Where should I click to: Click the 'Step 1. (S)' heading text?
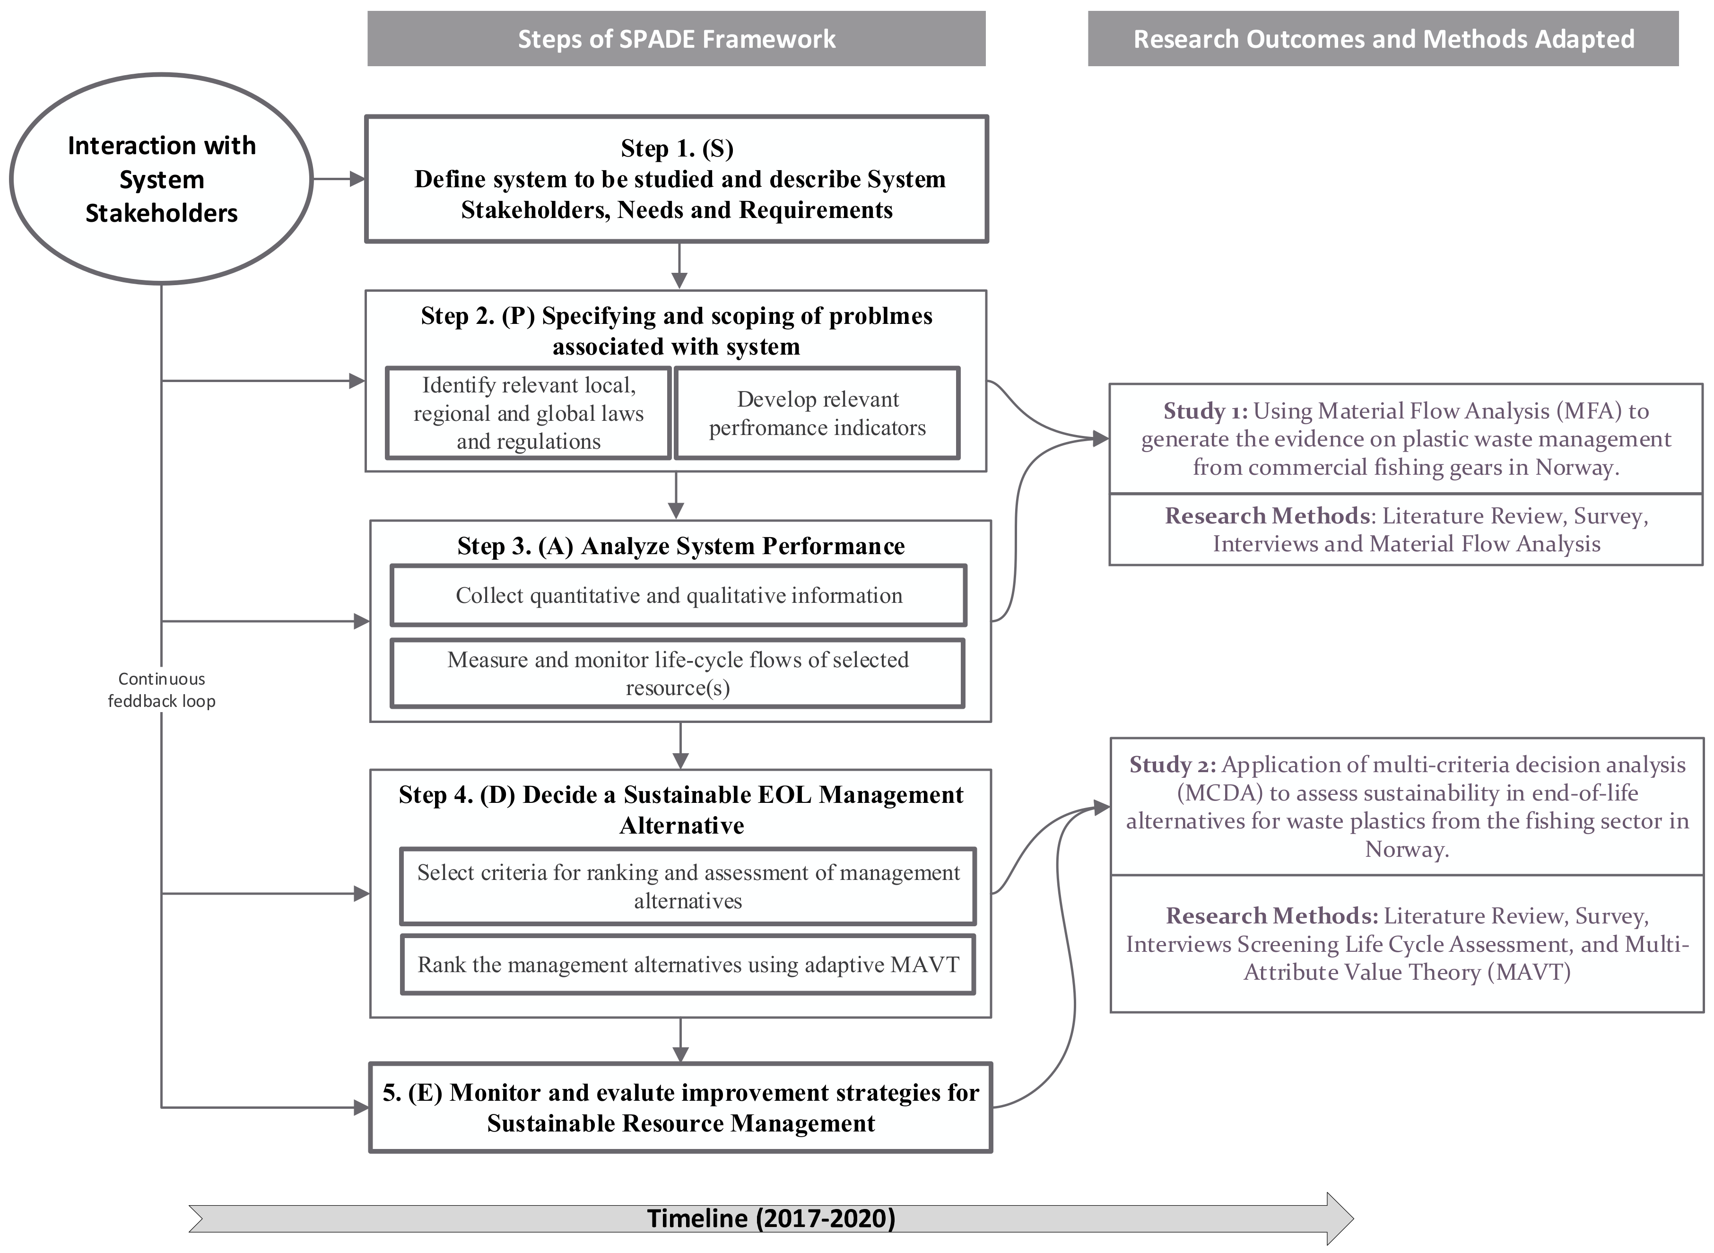click(677, 148)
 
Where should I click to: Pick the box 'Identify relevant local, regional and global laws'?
click(529, 413)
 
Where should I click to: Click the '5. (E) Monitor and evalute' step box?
click(680, 1107)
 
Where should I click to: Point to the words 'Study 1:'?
click(1205, 411)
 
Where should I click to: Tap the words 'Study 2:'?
click(1172, 765)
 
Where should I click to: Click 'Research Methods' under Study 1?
click(1267, 516)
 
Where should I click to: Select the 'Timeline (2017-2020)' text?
click(771, 1218)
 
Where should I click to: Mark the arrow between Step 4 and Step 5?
click(680, 1040)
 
